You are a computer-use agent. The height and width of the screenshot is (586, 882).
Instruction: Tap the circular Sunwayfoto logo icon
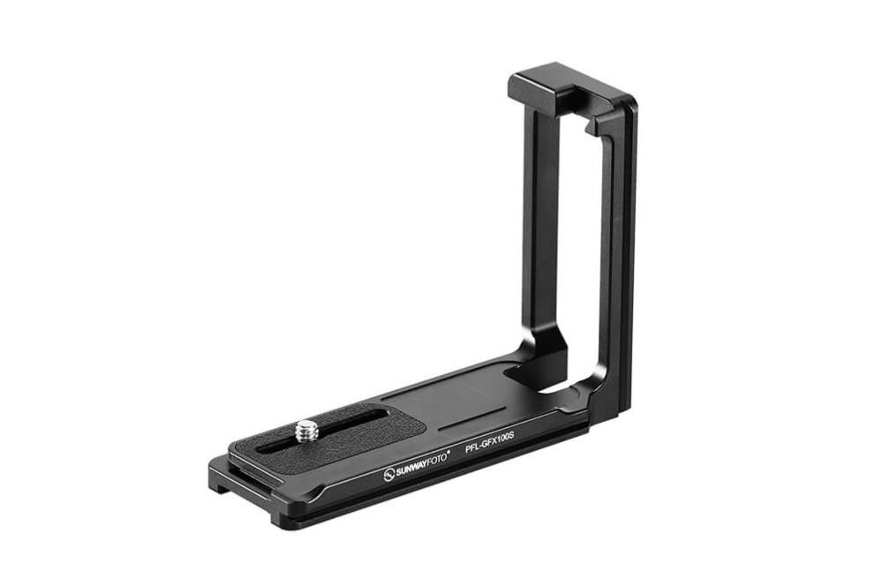point(389,476)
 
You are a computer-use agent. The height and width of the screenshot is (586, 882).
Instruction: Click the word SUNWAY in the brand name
point(413,467)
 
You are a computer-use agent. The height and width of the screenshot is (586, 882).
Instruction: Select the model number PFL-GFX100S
point(490,440)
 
